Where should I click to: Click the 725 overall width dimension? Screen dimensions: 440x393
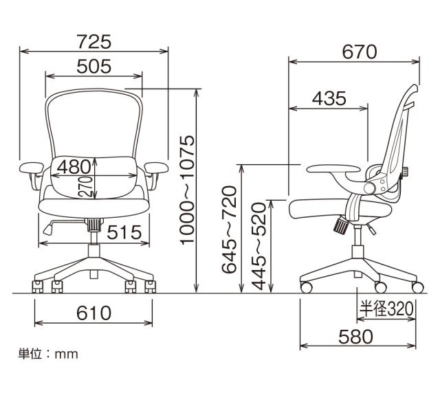(x=94, y=41)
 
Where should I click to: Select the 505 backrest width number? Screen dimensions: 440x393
(x=94, y=67)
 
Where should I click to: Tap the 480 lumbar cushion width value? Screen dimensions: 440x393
(x=74, y=167)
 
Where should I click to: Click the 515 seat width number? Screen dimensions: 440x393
(x=124, y=232)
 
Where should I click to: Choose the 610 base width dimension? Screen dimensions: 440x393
(x=94, y=313)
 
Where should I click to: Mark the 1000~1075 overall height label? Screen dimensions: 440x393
(x=187, y=190)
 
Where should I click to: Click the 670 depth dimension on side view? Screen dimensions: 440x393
(x=360, y=52)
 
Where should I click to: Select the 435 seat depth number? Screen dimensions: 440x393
(x=329, y=98)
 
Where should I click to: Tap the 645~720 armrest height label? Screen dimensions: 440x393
(x=229, y=229)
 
